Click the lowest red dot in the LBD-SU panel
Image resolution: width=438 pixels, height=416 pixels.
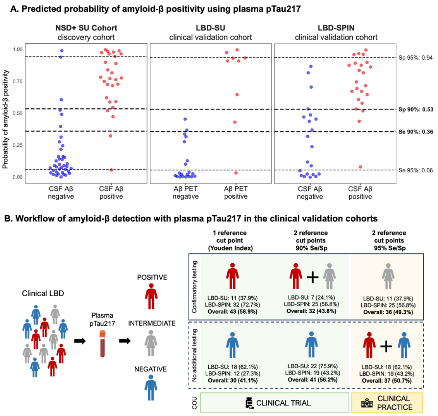223,172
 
